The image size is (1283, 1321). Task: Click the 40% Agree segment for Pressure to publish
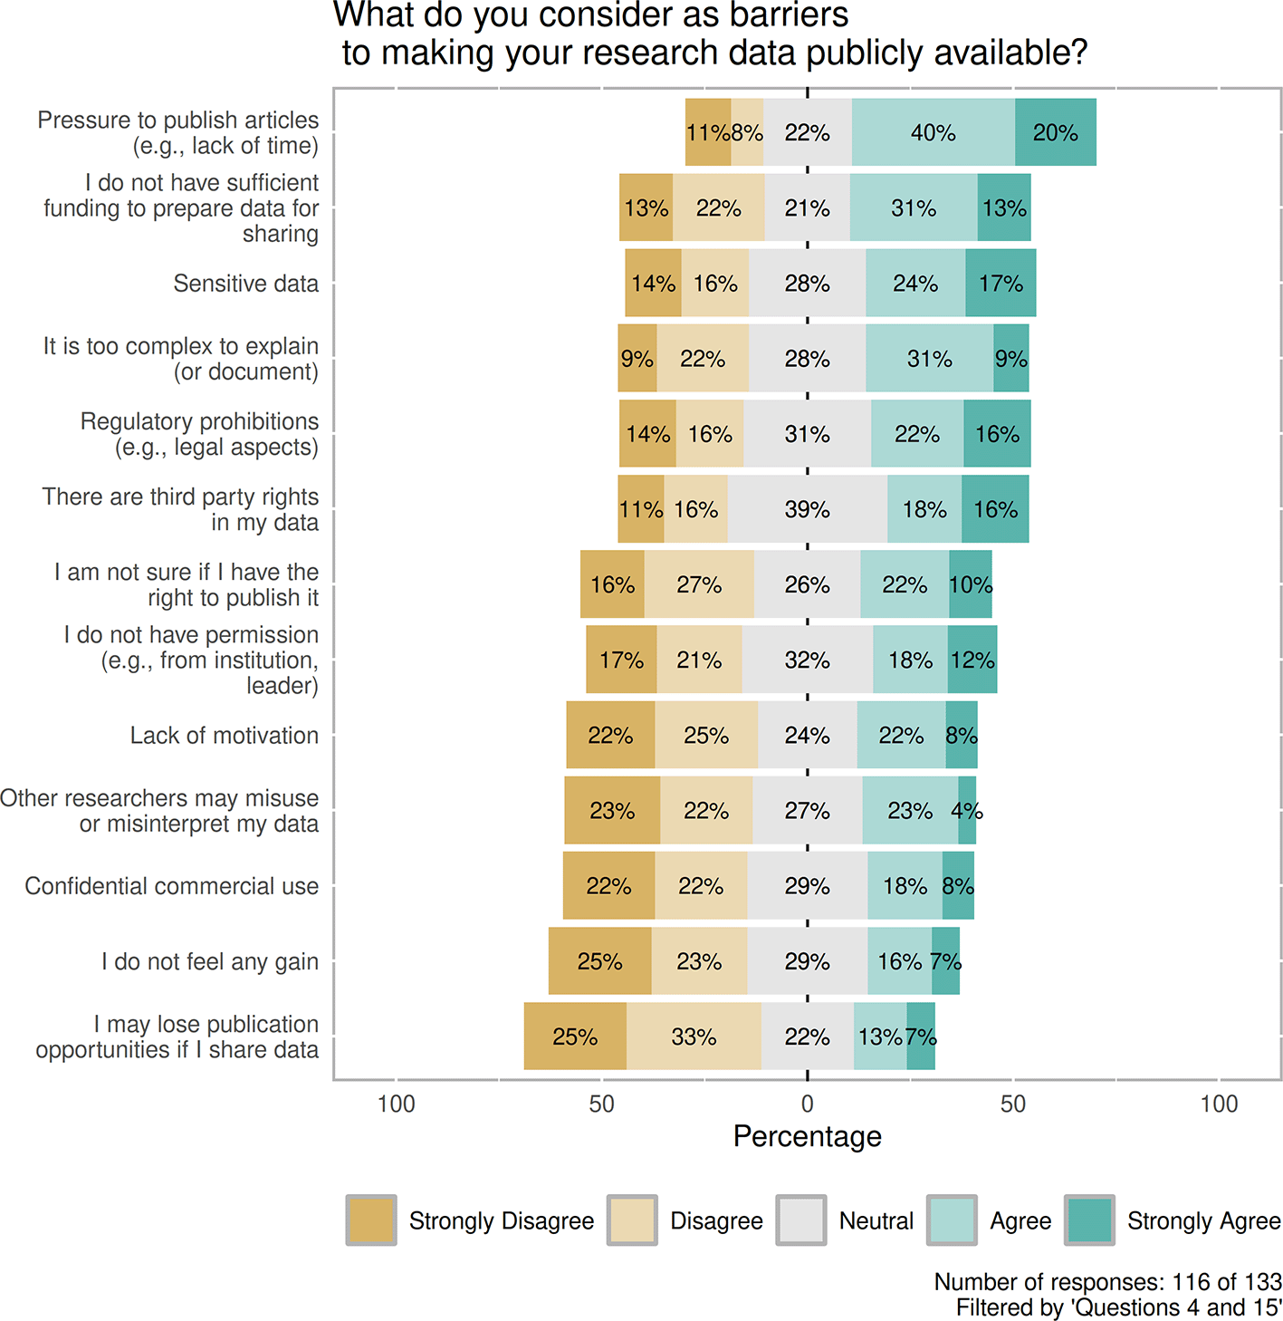pos(933,132)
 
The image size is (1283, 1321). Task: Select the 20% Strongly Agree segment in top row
pos(1055,132)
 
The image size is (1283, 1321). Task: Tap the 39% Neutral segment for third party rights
pos(807,509)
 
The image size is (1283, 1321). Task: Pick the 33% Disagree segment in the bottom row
pos(694,1037)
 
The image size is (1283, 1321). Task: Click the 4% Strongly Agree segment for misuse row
pos(967,810)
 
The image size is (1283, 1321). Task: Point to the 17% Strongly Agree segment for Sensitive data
pos(1001,284)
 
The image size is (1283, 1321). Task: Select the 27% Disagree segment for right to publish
pos(699,584)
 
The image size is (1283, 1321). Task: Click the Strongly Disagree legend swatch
pos(371,1220)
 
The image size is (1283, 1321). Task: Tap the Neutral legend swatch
pos(801,1220)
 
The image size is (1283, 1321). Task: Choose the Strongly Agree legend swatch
pos(1089,1220)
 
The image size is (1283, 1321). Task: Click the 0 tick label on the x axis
pos(807,1104)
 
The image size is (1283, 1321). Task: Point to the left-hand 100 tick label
pos(396,1104)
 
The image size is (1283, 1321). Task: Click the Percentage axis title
pos(807,1136)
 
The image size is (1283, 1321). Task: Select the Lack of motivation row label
pos(224,735)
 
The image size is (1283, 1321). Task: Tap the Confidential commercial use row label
pos(171,885)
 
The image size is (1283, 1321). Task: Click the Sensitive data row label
pos(245,284)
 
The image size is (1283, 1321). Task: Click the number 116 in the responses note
pos(1190,1282)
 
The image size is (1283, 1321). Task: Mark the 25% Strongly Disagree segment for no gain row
pos(599,961)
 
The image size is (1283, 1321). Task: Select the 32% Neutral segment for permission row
pos(807,660)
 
